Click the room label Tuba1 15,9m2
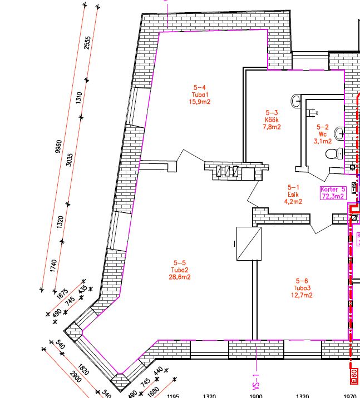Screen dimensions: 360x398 [200, 94]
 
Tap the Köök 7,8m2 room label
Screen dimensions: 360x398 [272, 120]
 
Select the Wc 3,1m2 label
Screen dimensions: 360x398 [323, 134]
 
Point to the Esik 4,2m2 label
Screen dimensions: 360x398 [293, 195]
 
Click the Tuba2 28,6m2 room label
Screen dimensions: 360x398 [180, 270]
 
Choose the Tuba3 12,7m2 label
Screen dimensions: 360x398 [302, 288]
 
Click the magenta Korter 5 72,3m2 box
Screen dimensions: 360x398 [333, 193]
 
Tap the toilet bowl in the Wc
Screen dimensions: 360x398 [334, 153]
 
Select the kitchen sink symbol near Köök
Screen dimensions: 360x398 [295, 101]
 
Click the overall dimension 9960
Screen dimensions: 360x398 [58, 146]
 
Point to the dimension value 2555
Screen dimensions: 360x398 [87, 43]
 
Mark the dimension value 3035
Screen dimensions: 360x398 [70, 160]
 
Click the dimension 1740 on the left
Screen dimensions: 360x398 [53, 266]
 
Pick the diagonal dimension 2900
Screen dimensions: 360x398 [76, 377]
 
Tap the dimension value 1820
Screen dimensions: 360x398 [83, 370]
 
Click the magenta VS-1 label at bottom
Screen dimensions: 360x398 [256, 382]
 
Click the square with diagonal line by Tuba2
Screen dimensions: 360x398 [249, 243]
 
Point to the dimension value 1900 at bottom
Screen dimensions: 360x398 [256, 396]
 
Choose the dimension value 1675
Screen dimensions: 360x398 [62, 294]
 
